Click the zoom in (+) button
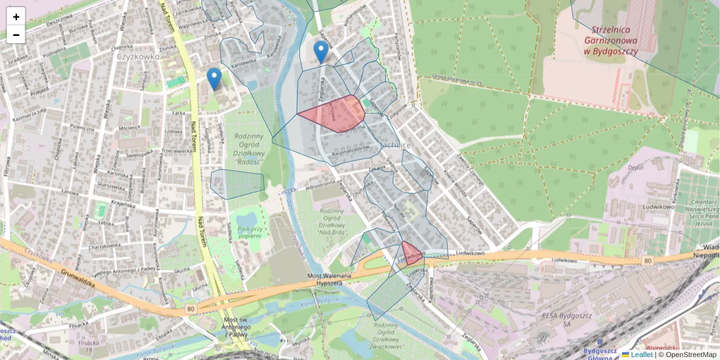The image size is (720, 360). (x=16, y=17)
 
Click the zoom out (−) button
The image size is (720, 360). (x=16, y=35)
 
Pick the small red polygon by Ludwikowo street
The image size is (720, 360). (x=412, y=253)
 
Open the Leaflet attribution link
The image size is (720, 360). (x=641, y=355)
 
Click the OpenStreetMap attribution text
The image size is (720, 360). (x=690, y=355)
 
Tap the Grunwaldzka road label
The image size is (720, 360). (x=79, y=280)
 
